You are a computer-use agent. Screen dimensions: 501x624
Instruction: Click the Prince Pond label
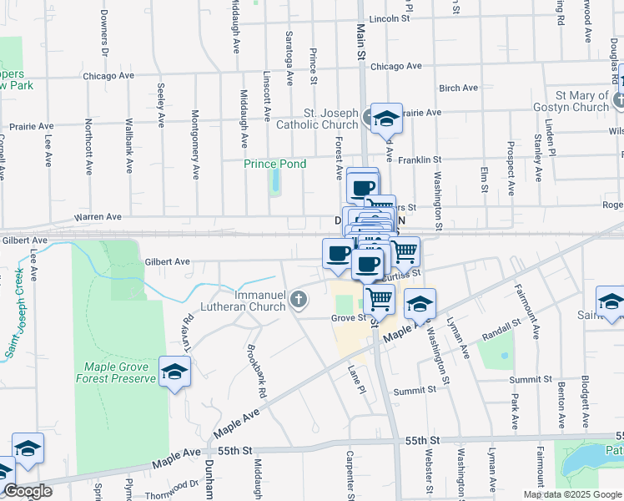click(274, 164)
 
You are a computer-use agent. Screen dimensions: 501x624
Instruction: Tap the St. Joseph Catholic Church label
click(325, 119)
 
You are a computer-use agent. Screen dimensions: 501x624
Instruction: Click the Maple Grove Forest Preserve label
click(121, 372)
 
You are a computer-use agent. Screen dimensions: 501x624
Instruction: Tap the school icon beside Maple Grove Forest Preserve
click(175, 372)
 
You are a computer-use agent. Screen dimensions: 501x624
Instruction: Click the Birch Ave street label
click(458, 88)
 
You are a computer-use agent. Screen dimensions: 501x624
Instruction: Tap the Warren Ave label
click(98, 217)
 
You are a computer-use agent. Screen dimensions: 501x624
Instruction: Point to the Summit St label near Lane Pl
click(415, 390)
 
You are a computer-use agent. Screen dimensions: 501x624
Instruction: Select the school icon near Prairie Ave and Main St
click(386, 119)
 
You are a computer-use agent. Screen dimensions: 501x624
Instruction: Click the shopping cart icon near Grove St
click(380, 298)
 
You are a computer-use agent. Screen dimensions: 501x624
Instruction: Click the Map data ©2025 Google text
click(571, 494)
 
